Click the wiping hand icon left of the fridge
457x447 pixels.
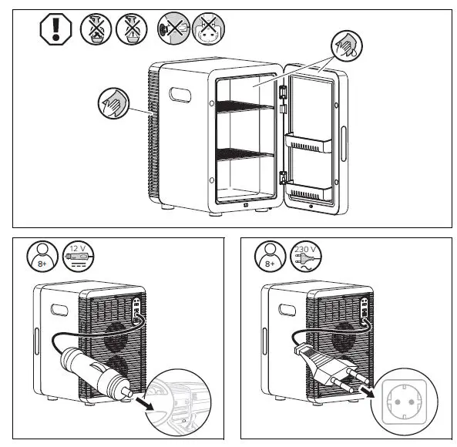113,103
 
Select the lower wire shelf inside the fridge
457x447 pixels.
245,157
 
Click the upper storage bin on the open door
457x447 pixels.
312,144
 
